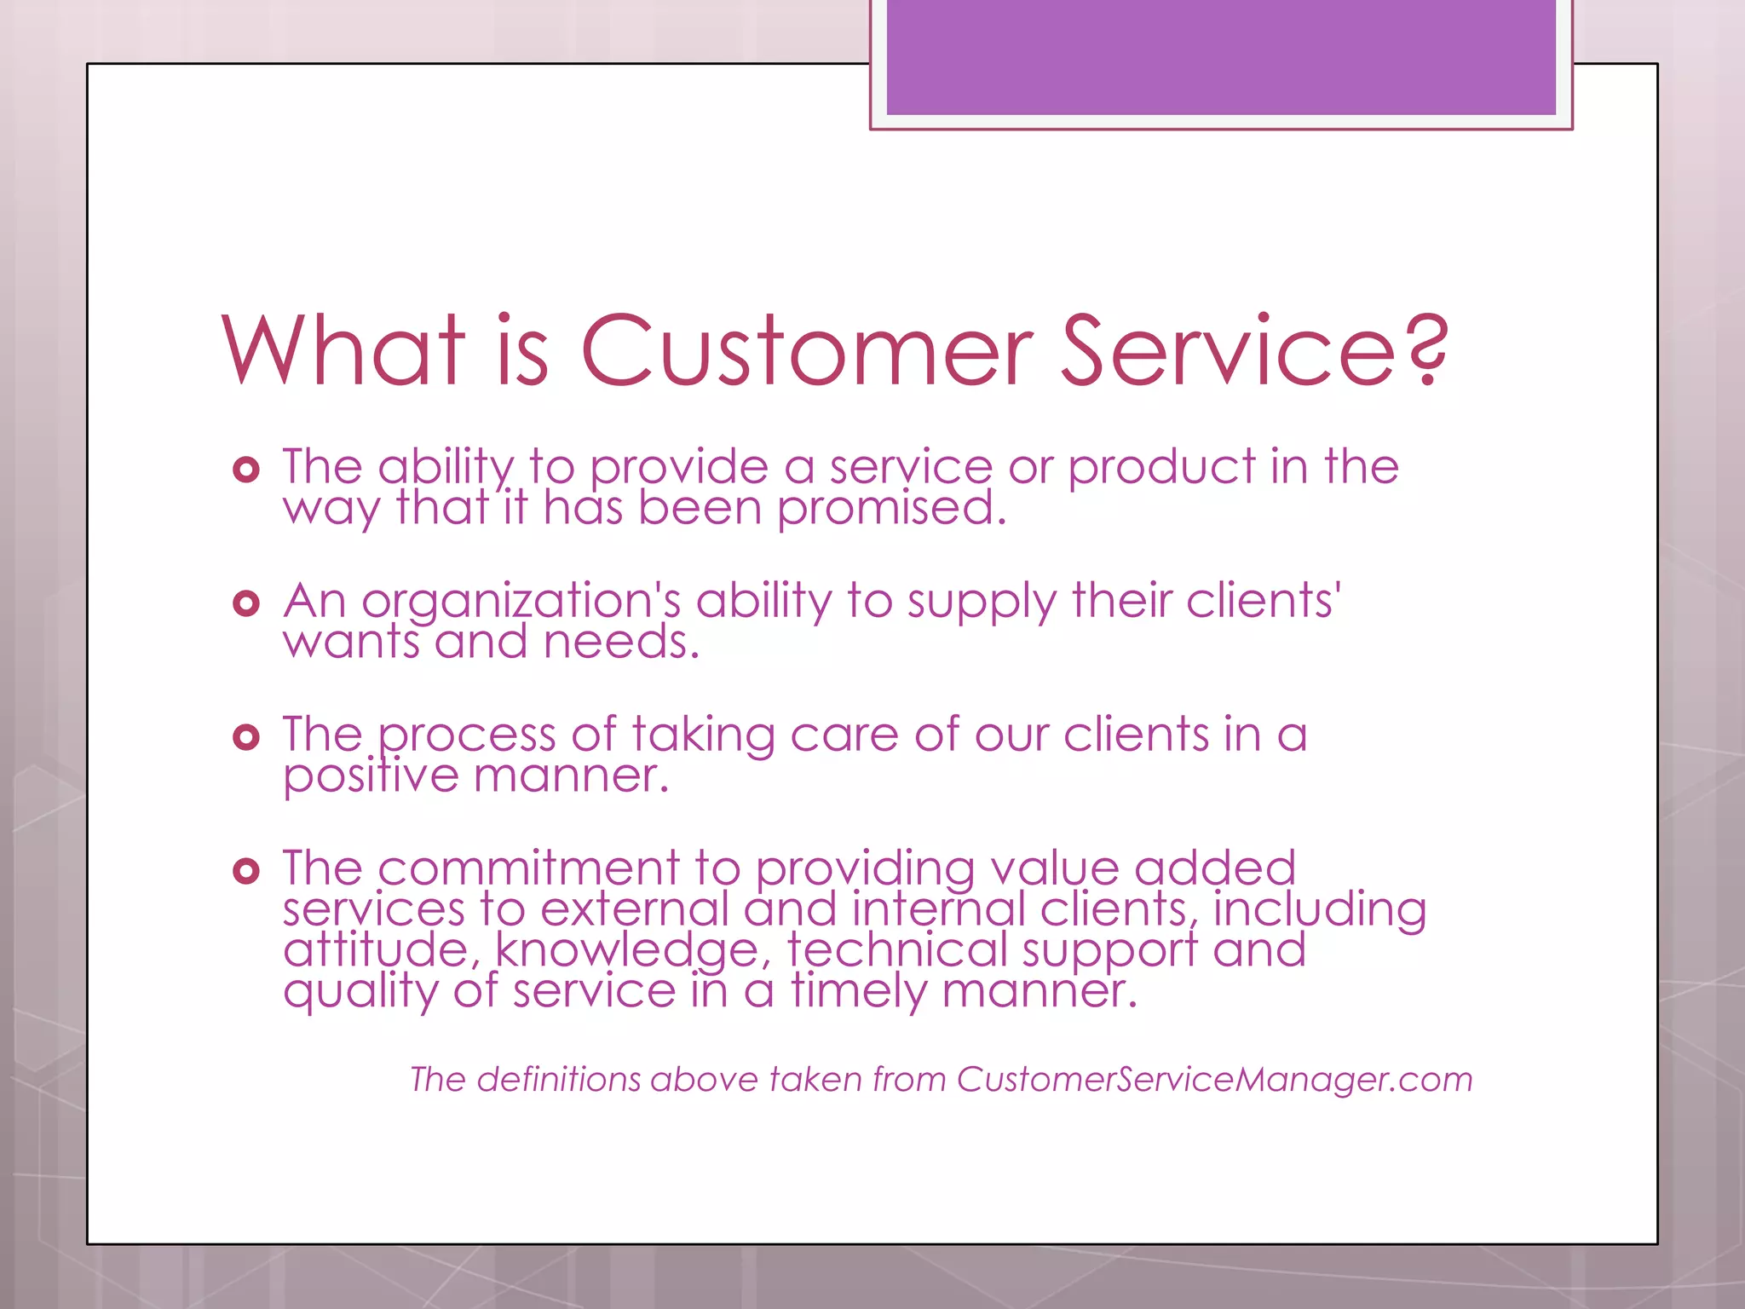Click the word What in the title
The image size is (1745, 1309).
point(343,350)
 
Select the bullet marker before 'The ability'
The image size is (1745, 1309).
point(245,470)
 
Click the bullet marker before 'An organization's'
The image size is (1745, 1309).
point(245,604)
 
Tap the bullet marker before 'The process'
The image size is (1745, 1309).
point(245,737)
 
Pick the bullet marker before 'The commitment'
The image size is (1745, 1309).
point(245,871)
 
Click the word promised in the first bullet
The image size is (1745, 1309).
point(891,509)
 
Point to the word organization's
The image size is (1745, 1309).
point(521,602)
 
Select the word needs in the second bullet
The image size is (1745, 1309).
point(621,642)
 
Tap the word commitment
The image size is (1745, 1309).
point(528,868)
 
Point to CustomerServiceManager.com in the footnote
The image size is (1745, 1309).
point(1214,1079)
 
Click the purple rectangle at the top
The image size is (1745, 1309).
point(1220,56)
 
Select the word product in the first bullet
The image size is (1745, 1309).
point(1161,468)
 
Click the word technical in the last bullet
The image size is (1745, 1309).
point(896,949)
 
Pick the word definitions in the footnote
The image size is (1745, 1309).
point(558,1079)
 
